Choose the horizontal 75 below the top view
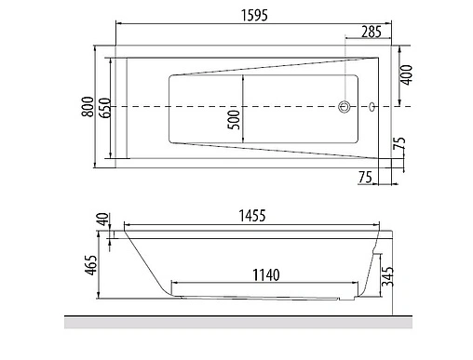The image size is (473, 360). pyautogui.click(x=365, y=177)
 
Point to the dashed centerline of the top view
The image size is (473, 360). pyautogui.click(x=279, y=108)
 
